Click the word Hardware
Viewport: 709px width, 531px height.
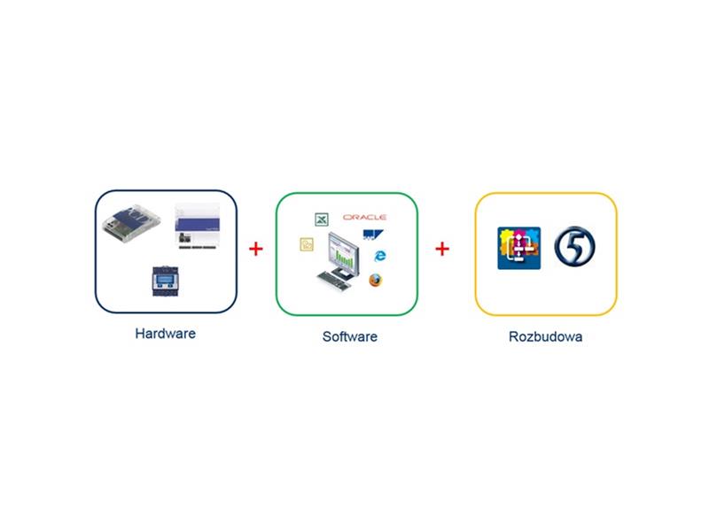click(166, 334)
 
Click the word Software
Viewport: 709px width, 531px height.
click(350, 336)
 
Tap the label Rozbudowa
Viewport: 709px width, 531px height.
click(545, 336)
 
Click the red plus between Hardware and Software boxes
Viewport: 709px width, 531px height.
click(256, 249)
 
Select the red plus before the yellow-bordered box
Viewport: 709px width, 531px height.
click(442, 249)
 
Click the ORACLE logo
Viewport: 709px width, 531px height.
click(364, 217)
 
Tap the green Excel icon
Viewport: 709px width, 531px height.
click(322, 219)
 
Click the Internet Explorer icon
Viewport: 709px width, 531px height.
click(380, 256)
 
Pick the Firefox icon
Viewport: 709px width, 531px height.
click(375, 280)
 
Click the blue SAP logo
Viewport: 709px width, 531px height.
click(373, 235)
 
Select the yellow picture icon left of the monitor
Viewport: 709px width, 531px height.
click(307, 244)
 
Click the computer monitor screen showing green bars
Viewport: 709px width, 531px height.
click(344, 252)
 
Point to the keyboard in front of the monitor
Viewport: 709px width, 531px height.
click(334, 281)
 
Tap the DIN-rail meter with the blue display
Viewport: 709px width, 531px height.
click(165, 281)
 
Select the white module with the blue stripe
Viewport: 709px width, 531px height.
click(197, 227)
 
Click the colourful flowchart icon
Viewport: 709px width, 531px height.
click(519, 248)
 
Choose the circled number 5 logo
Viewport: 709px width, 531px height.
click(574, 246)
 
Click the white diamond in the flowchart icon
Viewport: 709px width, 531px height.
click(518, 236)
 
